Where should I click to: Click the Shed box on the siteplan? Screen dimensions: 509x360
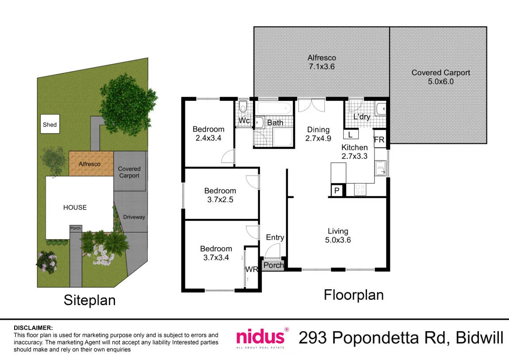coord(50,124)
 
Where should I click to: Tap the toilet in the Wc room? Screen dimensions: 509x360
coord(243,106)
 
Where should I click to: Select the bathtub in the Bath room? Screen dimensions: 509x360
coord(274,108)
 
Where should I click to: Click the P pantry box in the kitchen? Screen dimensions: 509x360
coord(337,190)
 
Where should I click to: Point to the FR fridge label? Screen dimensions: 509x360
coord(379,140)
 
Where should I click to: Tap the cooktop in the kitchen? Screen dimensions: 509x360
coord(360,190)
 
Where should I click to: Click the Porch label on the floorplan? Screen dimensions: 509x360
coord(273,265)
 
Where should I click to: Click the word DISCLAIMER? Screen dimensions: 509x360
coord(33,328)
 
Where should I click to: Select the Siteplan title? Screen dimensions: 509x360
coord(90,300)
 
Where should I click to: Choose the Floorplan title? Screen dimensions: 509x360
coord(354,295)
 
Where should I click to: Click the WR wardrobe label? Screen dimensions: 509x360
coord(252,269)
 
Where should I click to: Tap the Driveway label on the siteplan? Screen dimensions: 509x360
coord(134,217)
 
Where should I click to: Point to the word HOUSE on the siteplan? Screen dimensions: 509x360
coord(75,207)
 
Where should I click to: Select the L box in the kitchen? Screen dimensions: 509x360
coord(351,134)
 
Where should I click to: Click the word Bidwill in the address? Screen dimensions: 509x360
coord(479,337)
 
